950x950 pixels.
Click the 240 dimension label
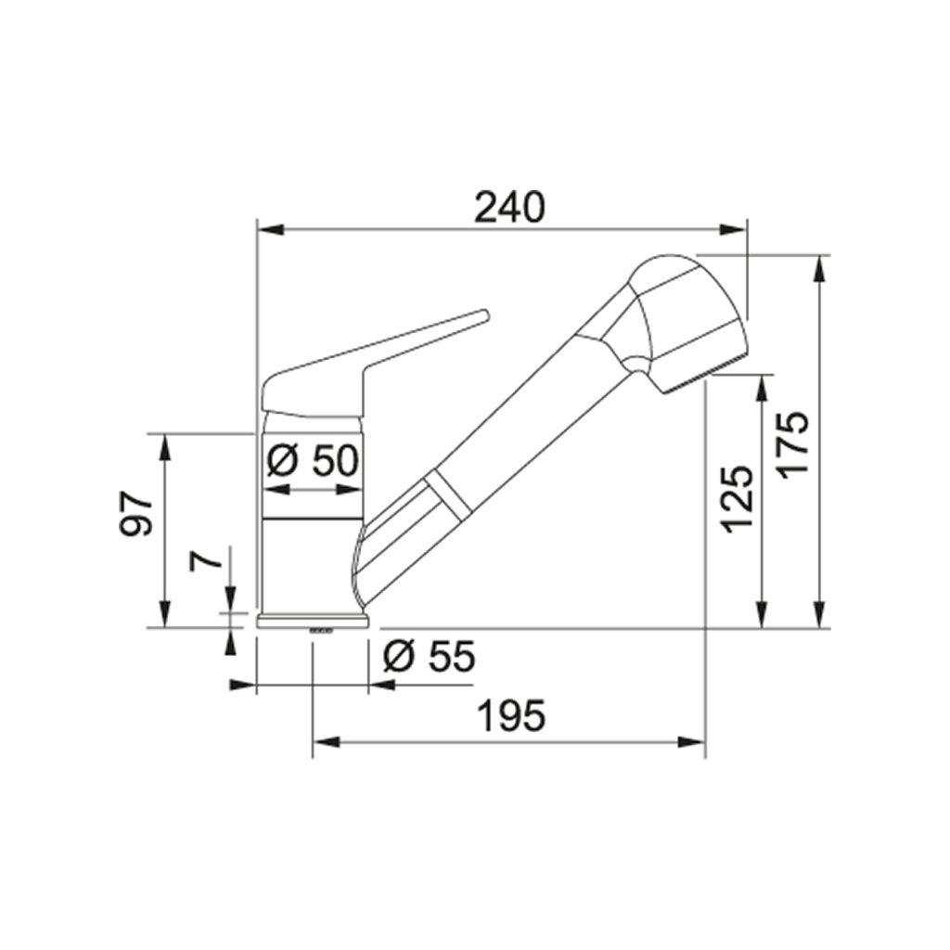[509, 207]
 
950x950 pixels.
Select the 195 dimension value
[511, 715]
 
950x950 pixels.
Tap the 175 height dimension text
[794, 446]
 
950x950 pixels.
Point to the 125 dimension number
[738, 499]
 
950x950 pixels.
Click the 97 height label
[136, 514]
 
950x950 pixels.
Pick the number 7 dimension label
[205, 558]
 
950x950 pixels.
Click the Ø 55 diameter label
[430, 656]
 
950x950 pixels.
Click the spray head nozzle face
[704, 375]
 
